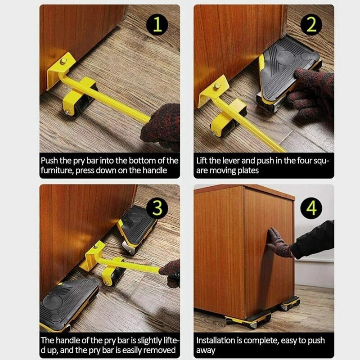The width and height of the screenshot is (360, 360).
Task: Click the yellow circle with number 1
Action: point(157,26)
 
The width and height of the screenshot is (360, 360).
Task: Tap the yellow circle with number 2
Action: point(311,26)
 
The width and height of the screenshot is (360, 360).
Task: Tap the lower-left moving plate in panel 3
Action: point(67,302)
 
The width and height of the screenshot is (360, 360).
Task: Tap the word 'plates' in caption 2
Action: point(253,171)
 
